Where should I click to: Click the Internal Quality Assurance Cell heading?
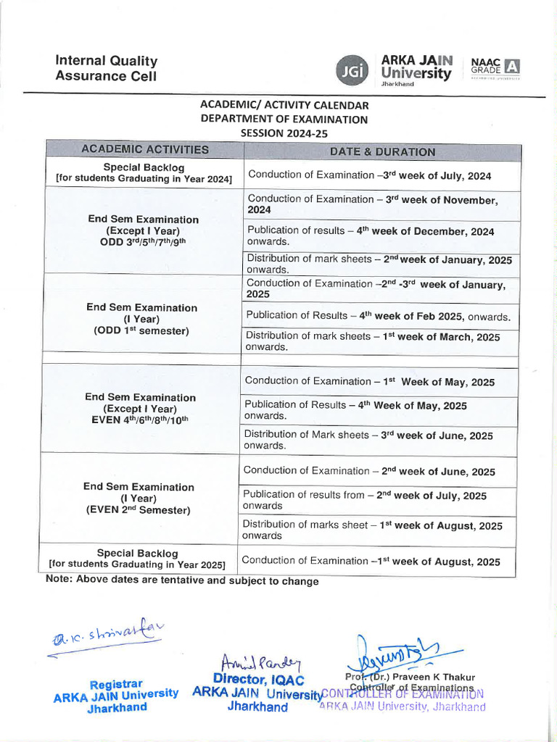click(x=106, y=68)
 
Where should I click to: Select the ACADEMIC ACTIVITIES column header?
click(x=145, y=150)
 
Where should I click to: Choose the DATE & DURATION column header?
click(x=382, y=152)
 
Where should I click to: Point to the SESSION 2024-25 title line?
click(x=284, y=133)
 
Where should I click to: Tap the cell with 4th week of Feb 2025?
click(x=378, y=316)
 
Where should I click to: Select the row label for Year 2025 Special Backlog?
click(x=137, y=558)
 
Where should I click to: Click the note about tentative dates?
click(x=181, y=580)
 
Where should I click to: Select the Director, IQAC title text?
click(x=258, y=679)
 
